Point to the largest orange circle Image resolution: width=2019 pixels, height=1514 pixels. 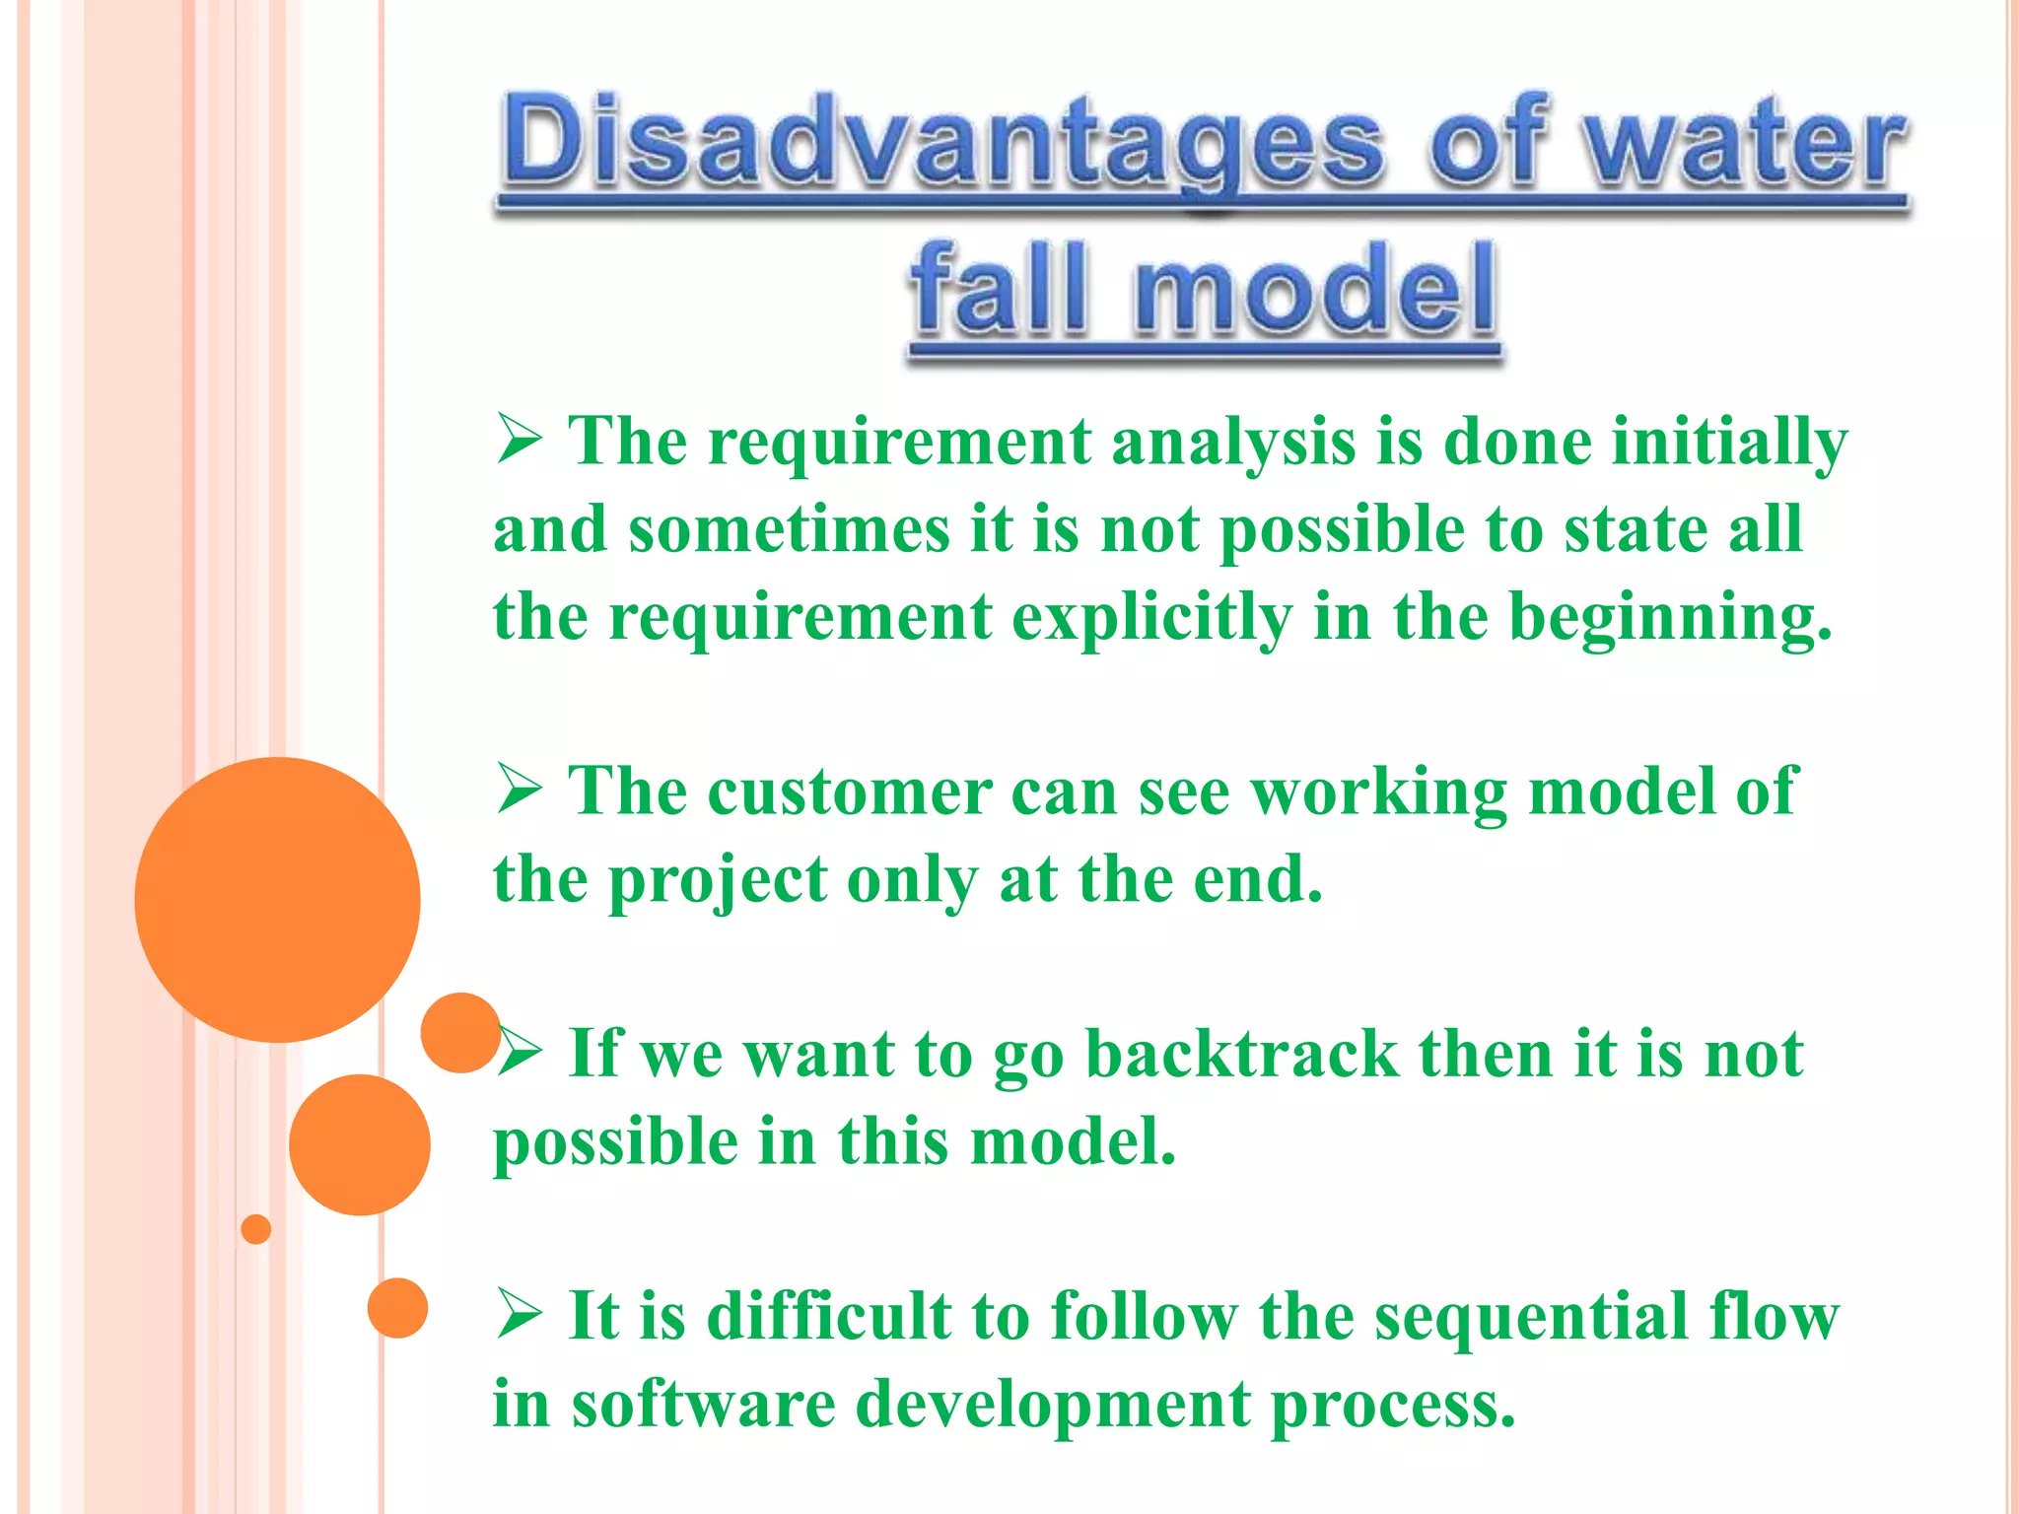click(x=277, y=899)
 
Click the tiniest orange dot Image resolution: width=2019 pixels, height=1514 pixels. click(x=256, y=1229)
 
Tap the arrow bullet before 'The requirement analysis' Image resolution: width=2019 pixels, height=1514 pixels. click(x=520, y=440)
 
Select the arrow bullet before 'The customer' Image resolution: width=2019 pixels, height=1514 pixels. click(x=520, y=790)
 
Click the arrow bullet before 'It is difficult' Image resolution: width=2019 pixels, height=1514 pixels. click(x=520, y=1315)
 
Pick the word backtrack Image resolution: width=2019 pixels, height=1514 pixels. click(x=1241, y=1053)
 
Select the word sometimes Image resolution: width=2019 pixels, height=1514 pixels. click(x=790, y=529)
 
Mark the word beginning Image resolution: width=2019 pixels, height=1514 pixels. click(x=1670, y=619)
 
